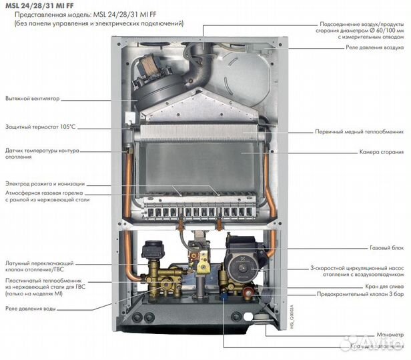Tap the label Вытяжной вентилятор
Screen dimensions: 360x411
33,98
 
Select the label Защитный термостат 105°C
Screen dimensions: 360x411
41,127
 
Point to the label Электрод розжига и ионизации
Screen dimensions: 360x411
45,183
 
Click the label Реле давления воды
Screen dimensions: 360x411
31,309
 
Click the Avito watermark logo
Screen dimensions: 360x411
370,343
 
